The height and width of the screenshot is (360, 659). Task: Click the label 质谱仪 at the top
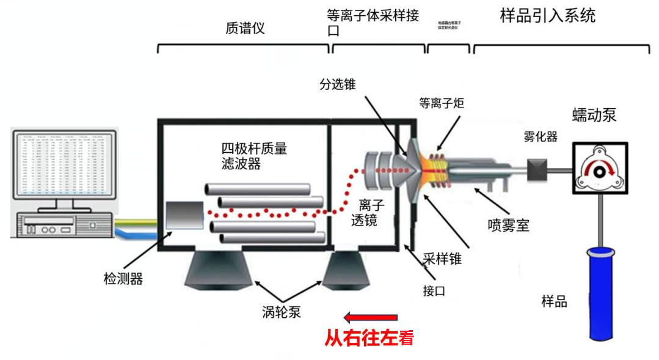(245, 28)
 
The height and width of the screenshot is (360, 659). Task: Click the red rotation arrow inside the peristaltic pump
(598, 166)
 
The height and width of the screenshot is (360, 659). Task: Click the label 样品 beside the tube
(554, 301)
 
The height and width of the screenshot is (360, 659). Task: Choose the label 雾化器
(541, 137)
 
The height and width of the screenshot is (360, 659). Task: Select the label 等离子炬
(442, 103)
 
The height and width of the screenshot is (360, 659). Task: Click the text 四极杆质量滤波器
(253, 155)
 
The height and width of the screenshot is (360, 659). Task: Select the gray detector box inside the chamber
(184, 216)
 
